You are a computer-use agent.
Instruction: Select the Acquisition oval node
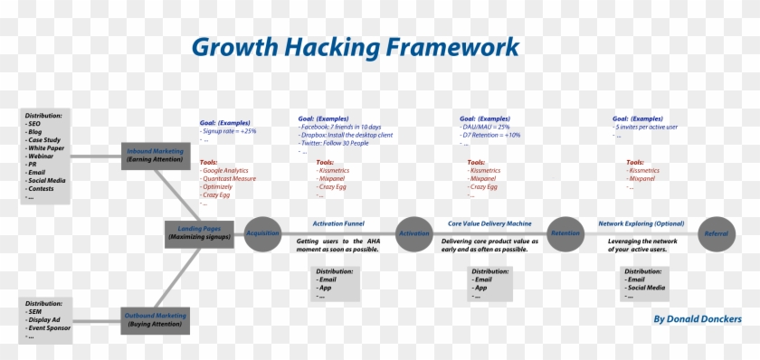pos(262,232)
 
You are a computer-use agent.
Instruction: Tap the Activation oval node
pos(414,232)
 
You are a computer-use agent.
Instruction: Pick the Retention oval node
pos(565,232)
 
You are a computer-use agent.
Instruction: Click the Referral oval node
pos(716,232)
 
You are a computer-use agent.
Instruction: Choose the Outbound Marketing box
pos(156,319)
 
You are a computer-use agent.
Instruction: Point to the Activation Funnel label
pos(338,223)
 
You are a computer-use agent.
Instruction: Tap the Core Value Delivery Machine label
pos(489,223)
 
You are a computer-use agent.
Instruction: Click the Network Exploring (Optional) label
pos(641,223)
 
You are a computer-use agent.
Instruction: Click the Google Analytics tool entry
pos(225,170)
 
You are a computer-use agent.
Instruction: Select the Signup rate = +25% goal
pos(230,131)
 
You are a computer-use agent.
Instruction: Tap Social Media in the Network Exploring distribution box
pos(646,288)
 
